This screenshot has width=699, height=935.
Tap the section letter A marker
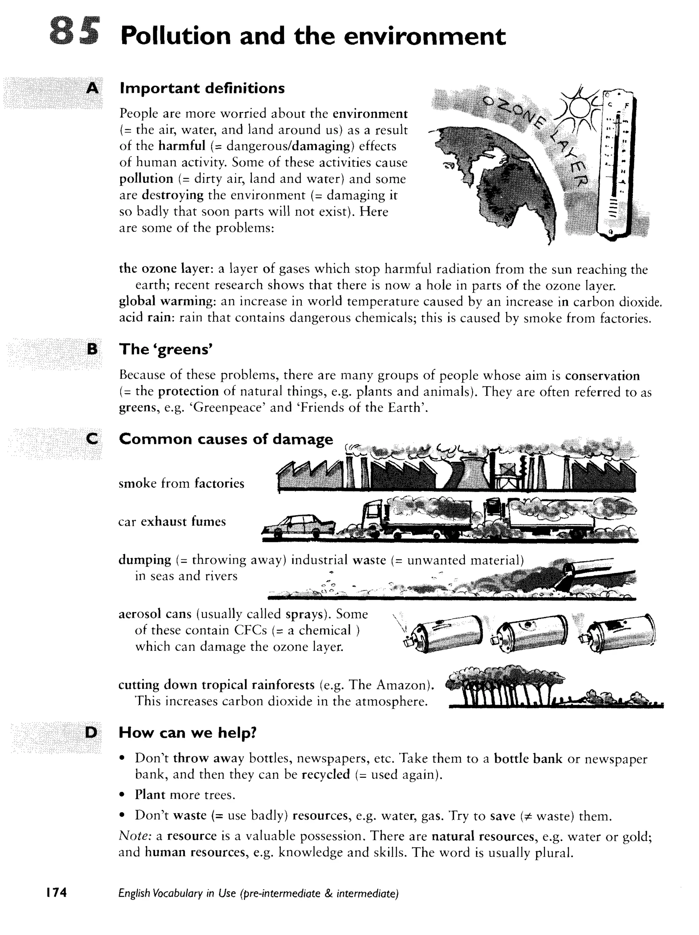tap(92, 88)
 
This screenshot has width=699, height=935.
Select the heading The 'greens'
tap(165, 349)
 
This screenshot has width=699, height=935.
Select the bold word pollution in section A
tap(146, 179)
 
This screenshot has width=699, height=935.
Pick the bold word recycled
tap(326, 775)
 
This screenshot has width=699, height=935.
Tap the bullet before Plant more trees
tap(122, 795)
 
